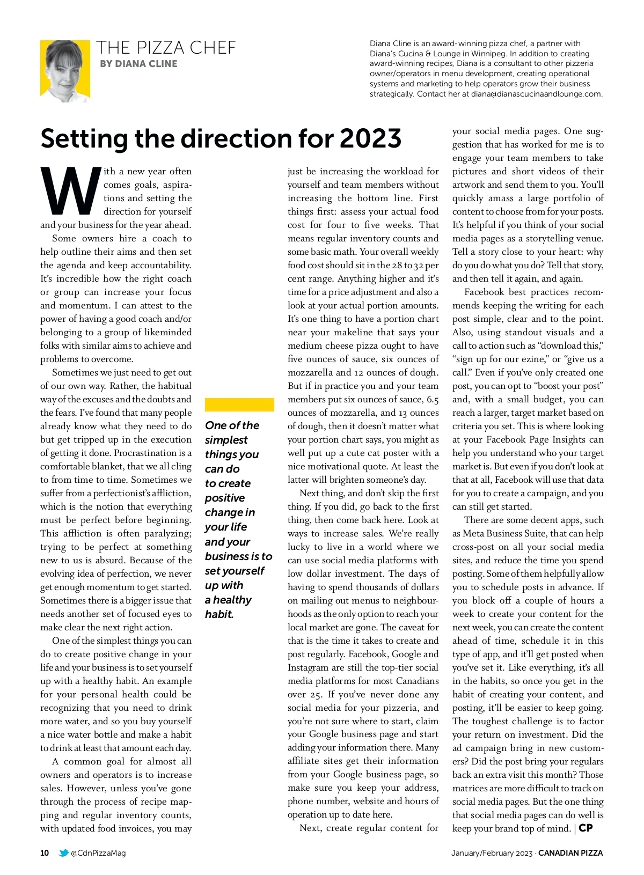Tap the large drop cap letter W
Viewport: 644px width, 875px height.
coord(71,190)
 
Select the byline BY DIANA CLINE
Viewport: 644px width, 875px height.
coord(138,64)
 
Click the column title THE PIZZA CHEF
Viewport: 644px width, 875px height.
coord(166,48)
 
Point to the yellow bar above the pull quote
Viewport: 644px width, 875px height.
coord(239,405)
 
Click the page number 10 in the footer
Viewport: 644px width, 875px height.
coord(45,853)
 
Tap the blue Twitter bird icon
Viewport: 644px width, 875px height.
coord(63,853)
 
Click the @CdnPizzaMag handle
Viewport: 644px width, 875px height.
coord(98,853)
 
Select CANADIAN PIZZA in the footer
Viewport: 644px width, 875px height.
coord(570,853)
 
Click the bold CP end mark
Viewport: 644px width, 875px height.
coord(586,828)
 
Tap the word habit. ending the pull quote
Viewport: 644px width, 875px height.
coord(219,614)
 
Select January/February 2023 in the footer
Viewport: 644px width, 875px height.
coord(492,853)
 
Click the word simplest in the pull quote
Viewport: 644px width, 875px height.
coord(226,440)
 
